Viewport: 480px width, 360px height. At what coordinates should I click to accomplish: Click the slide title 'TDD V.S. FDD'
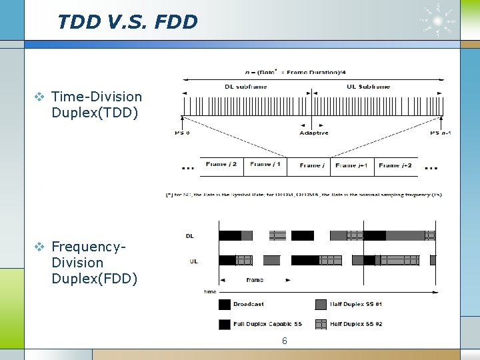click(x=127, y=22)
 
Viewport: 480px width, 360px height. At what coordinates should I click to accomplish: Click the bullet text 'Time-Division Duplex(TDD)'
click(x=96, y=105)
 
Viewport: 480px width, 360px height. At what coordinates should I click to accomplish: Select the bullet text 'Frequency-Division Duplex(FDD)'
click(x=87, y=263)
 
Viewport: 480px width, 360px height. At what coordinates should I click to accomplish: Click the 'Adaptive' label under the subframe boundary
click(x=313, y=133)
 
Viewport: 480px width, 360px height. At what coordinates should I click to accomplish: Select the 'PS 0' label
click(x=182, y=133)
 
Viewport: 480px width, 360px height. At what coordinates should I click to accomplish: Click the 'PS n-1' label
click(x=441, y=133)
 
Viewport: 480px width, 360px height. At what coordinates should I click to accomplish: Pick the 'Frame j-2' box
click(x=221, y=165)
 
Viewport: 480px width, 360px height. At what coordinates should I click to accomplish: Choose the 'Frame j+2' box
click(x=395, y=165)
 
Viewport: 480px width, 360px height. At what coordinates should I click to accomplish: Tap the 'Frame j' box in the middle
click(x=311, y=165)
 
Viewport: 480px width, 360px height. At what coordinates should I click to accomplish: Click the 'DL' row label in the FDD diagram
click(x=190, y=235)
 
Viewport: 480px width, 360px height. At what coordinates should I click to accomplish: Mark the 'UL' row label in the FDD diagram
click(x=193, y=261)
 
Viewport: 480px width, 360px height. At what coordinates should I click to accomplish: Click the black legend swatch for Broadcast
click(x=225, y=305)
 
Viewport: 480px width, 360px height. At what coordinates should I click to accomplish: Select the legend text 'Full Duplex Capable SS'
click(x=267, y=325)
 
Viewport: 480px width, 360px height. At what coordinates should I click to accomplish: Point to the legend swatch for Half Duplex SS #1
click(x=321, y=305)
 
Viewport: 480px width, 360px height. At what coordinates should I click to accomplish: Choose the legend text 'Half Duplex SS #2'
click(x=356, y=325)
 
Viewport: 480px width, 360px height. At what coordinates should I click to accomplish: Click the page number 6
click(x=285, y=341)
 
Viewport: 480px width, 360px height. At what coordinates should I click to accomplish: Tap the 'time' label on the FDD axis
click(x=211, y=291)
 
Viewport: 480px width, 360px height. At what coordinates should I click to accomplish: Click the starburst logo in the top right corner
click(x=437, y=20)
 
